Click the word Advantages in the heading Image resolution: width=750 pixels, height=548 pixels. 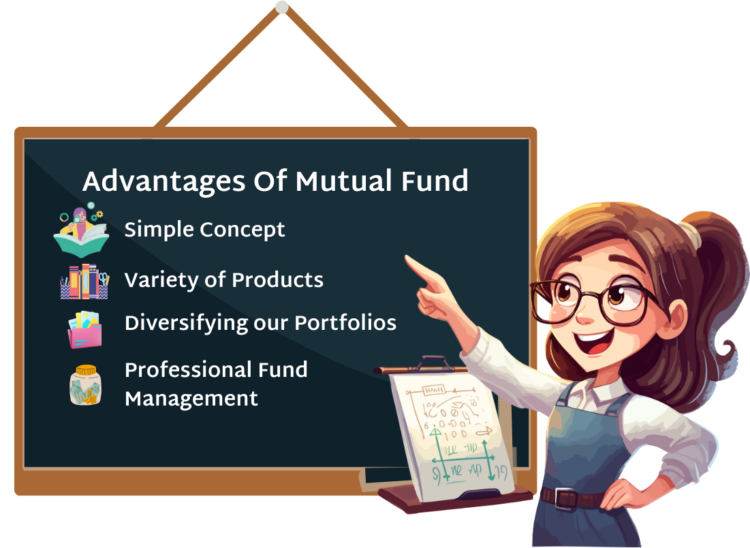(x=163, y=182)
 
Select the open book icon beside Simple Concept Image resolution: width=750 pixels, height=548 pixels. (x=81, y=230)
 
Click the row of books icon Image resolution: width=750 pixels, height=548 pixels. (x=84, y=281)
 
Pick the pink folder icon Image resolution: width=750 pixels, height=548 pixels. (x=84, y=330)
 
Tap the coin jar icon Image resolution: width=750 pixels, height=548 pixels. (x=86, y=385)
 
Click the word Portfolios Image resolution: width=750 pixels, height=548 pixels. (x=345, y=322)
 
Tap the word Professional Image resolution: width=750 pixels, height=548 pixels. (x=189, y=370)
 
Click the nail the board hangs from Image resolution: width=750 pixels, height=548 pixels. (x=282, y=7)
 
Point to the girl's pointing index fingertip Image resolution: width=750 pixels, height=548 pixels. (x=408, y=259)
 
